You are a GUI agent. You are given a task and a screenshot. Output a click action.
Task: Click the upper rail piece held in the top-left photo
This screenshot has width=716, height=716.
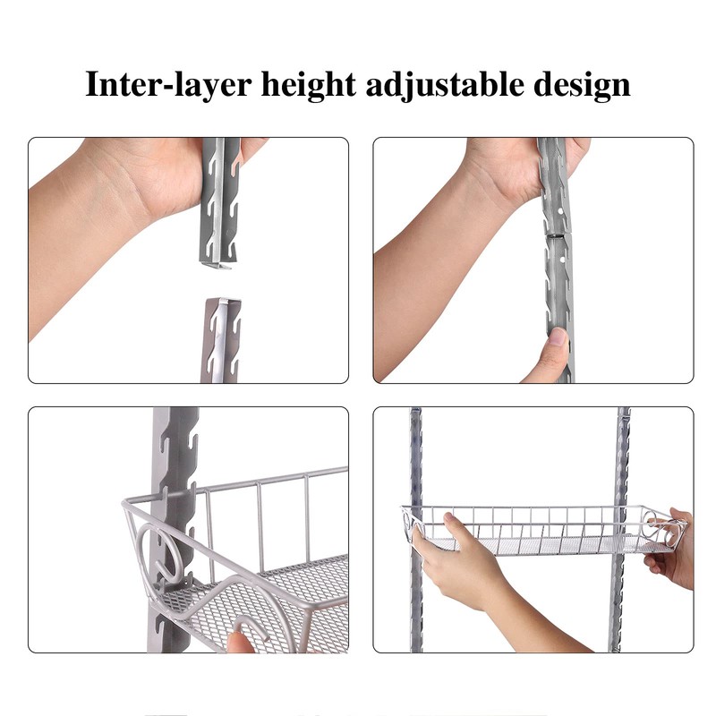tap(218, 206)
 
